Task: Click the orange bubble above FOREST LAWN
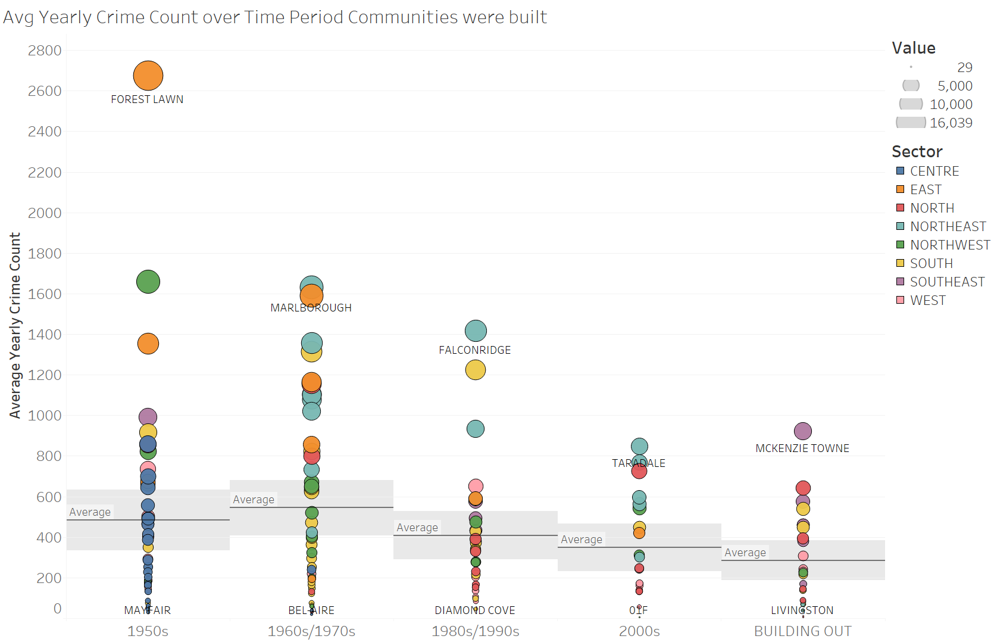148,76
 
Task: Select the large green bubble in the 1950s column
148,282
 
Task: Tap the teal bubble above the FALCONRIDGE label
476,331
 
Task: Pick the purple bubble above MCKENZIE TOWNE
803,431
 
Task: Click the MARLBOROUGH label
311,308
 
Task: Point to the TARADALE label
639,463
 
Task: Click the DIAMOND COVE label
475,610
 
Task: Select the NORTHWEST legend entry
949,245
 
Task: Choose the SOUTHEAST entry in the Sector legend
947,282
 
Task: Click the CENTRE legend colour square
900,171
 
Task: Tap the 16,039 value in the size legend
951,123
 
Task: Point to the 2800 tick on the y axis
45,51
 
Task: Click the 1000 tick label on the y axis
45,416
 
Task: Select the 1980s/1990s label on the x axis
475,631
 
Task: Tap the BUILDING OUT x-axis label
802,631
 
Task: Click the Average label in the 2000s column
582,540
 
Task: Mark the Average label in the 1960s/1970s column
254,500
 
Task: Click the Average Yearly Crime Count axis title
15,325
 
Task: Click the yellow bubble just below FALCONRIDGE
476,370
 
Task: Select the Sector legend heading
917,151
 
